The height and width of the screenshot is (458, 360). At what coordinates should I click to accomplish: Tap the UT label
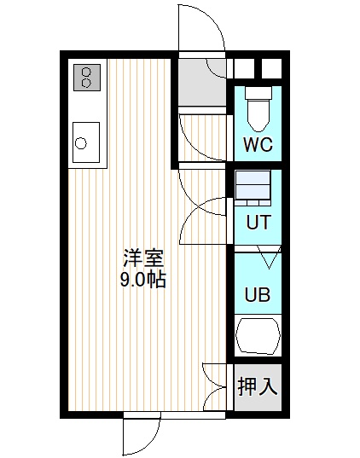point(258,222)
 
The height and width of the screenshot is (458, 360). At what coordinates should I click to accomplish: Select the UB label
point(258,294)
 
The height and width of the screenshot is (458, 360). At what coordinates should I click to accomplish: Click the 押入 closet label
point(258,386)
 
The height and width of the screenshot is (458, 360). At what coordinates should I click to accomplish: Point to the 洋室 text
point(143,258)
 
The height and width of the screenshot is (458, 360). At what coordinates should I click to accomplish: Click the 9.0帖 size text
point(143,280)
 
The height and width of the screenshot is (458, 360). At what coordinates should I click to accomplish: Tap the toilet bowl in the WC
point(258,115)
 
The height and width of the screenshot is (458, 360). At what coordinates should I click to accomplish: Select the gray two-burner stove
point(87,78)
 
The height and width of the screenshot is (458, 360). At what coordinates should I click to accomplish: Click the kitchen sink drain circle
point(81,143)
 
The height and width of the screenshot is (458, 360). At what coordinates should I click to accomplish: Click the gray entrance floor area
point(202,83)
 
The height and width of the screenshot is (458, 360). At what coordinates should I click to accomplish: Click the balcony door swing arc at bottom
point(155,438)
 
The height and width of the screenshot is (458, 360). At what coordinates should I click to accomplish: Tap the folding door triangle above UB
point(269,257)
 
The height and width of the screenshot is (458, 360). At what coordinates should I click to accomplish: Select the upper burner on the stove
point(86,72)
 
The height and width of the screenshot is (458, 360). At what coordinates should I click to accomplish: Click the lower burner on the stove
point(86,83)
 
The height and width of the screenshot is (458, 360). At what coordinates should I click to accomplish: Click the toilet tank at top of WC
point(258,93)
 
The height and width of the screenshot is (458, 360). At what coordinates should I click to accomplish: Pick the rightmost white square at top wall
point(271,68)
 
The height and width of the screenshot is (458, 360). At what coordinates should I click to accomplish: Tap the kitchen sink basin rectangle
point(86,142)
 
